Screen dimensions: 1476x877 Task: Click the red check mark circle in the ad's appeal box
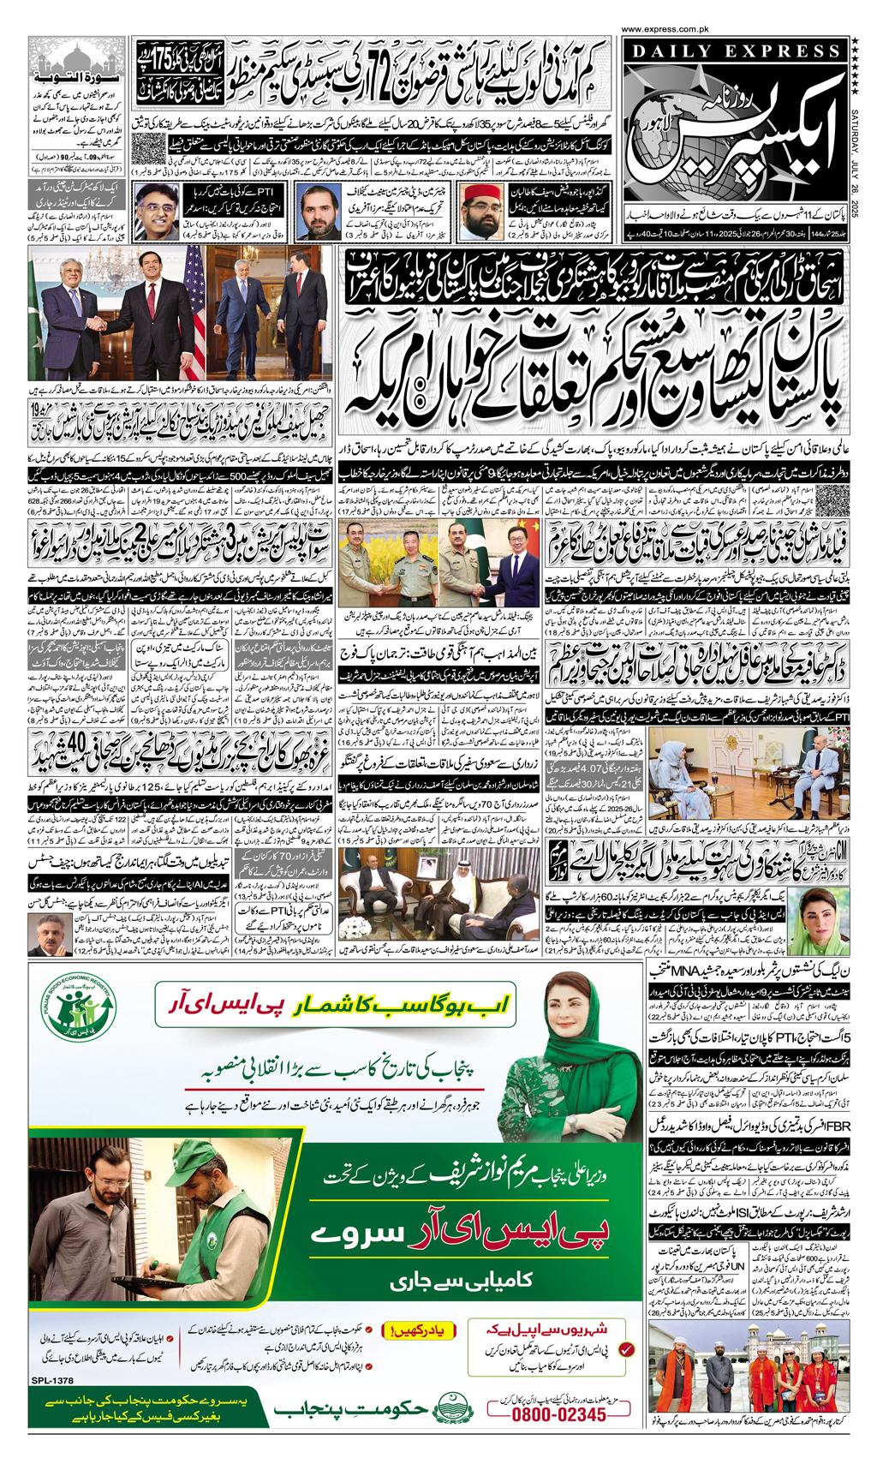(x=628, y=1349)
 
